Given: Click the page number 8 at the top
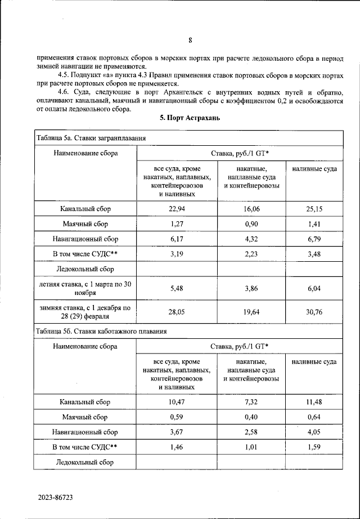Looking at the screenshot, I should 190,40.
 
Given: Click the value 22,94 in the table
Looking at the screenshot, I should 177,209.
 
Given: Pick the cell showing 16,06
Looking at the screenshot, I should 251,209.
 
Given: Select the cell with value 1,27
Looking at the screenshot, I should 177,223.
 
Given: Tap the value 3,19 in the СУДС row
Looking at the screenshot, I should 177,254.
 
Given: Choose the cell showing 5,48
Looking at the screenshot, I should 177,289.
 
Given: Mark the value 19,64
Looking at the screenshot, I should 251,312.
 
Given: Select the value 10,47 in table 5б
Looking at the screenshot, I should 177,402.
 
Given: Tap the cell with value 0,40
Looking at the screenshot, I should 251,417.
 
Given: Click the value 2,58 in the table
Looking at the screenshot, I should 251,432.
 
